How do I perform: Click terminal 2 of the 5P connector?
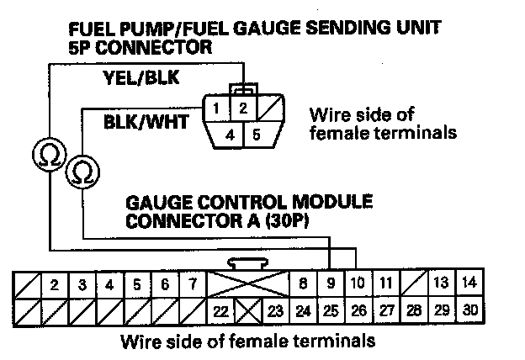point(241,109)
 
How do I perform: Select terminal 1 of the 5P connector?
point(217,109)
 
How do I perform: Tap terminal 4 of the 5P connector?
point(229,133)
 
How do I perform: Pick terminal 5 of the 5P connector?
point(255,133)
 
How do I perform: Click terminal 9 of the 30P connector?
point(331,283)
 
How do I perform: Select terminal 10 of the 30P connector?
point(358,283)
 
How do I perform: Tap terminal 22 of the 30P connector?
point(220,310)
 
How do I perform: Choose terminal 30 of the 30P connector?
point(470,310)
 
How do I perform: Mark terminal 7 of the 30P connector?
point(193,283)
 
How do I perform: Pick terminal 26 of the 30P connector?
point(358,310)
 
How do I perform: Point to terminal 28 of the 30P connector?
point(414,310)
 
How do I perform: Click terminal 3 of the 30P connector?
point(82,283)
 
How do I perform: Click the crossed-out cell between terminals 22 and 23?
point(248,310)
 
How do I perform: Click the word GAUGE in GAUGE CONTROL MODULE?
point(156,204)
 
